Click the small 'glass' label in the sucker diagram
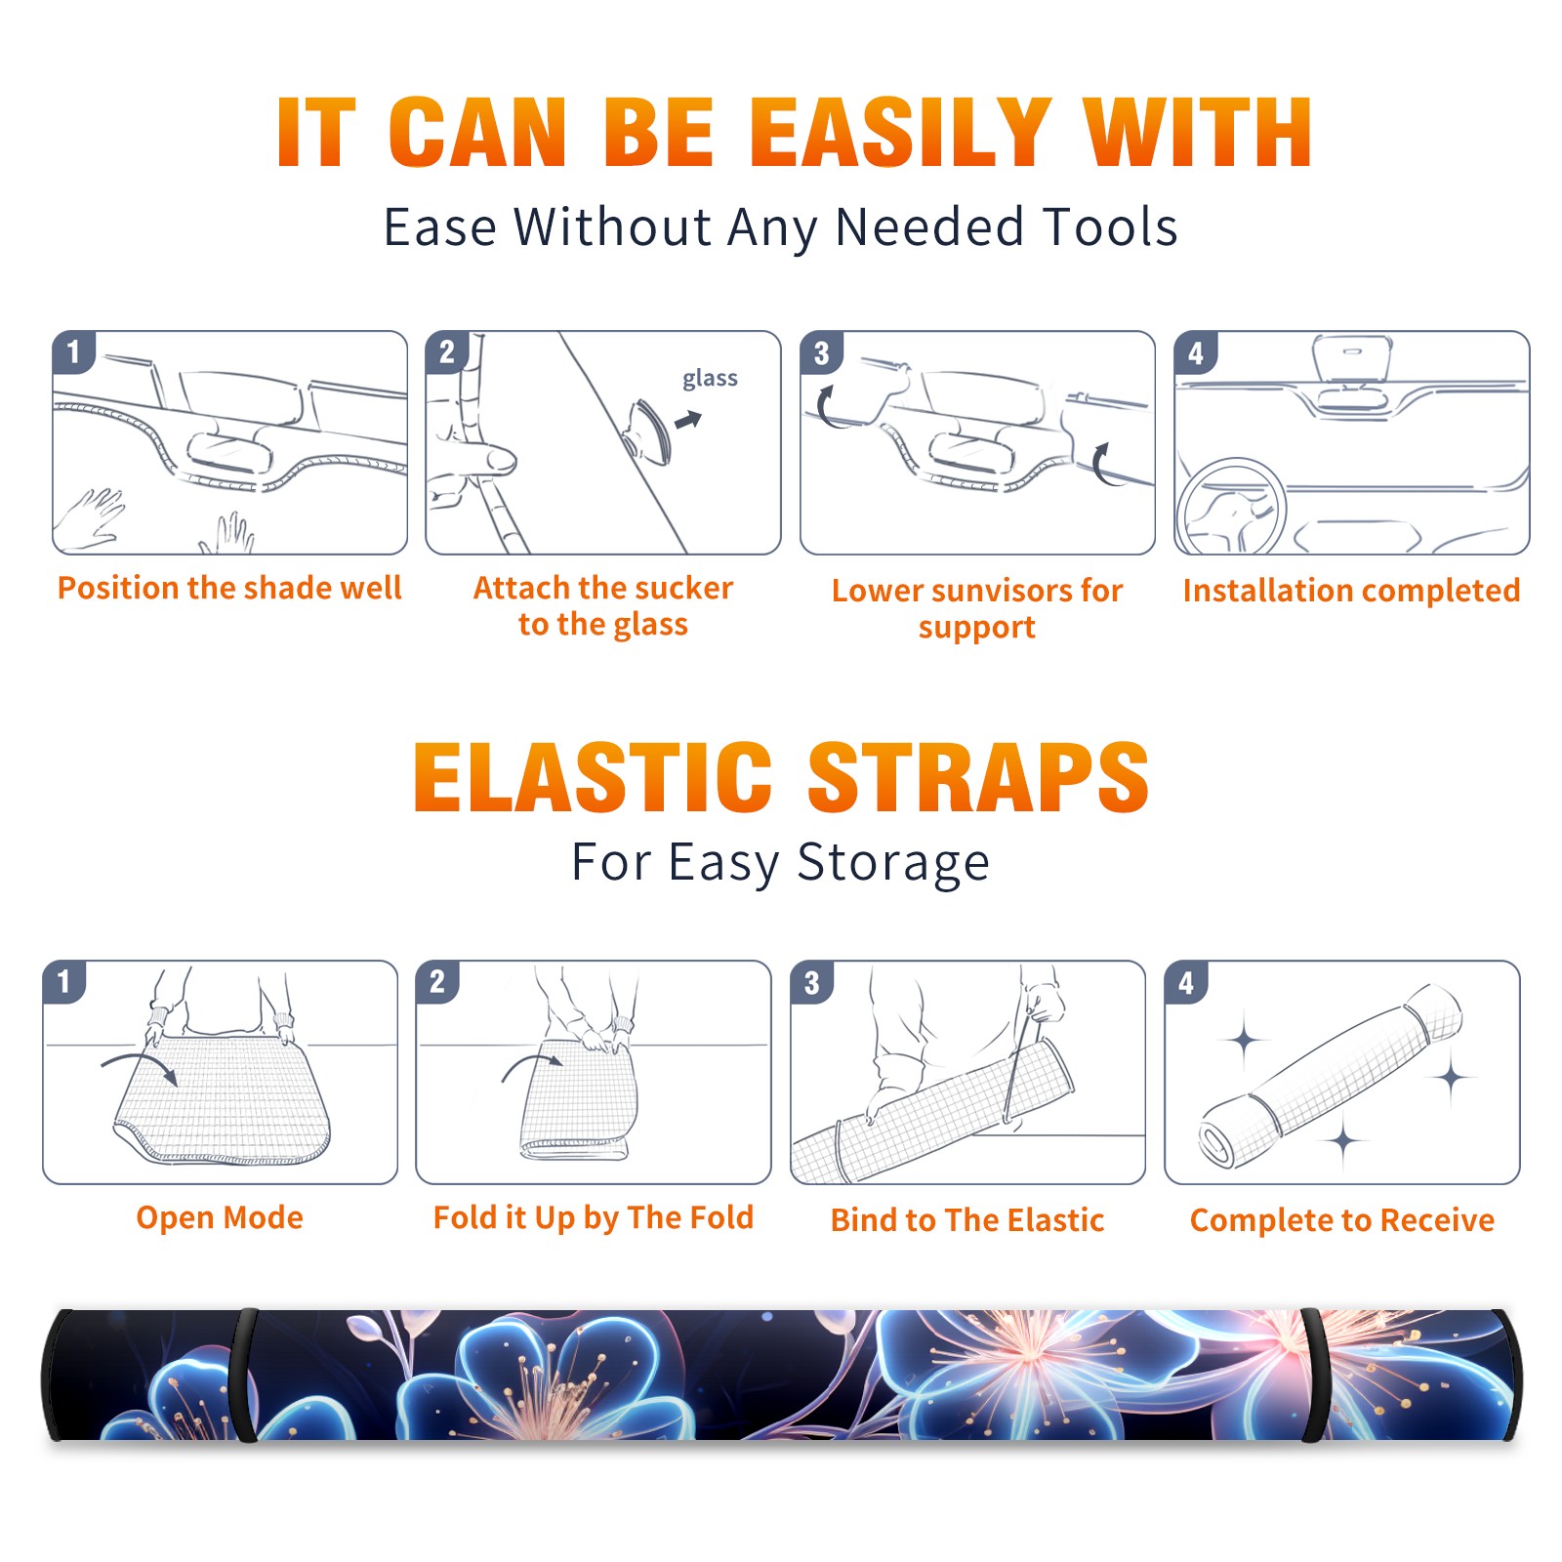(x=710, y=379)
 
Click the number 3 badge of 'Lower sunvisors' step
(x=821, y=353)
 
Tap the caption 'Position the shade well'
(x=229, y=588)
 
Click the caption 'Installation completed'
(x=1351, y=591)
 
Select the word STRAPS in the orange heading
(x=978, y=777)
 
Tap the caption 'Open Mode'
(x=220, y=1217)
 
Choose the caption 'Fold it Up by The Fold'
(x=594, y=1217)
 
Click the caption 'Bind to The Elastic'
(x=967, y=1220)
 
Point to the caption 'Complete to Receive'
(x=1342, y=1220)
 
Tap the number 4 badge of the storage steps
(x=1186, y=982)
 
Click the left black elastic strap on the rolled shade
(x=243, y=1375)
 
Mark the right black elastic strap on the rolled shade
(x=1314, y=1375)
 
